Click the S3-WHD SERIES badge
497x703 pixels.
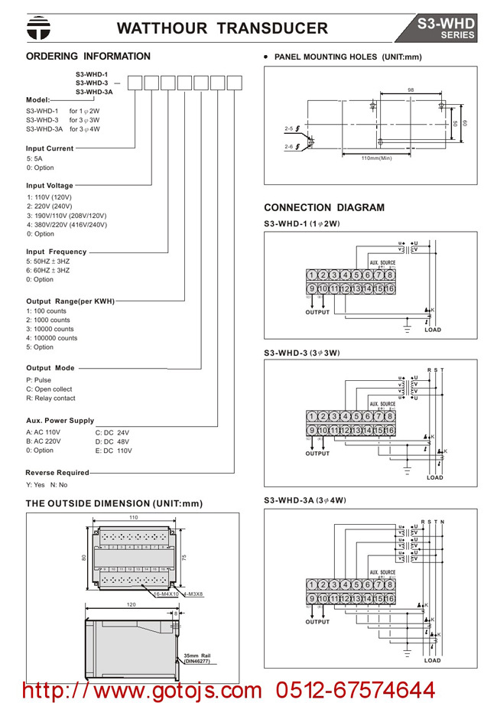pos(445,28)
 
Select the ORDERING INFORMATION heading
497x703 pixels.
pos(88,57)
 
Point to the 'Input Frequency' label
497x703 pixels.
pos(57,252)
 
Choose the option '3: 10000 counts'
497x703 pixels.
pos(51,329)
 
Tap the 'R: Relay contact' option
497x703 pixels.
pos(50,398)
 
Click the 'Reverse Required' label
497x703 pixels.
pos(57,473)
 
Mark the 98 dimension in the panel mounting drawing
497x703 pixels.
pos(411,90)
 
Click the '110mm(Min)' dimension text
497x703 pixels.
pos(376,158)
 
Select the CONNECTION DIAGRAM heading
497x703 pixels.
pos(324,207)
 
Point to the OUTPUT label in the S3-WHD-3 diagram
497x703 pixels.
pos(317,454)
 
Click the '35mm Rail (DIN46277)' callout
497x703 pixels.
pos(197,658)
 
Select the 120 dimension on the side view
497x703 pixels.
pos(132,604)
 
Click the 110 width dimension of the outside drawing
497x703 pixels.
pos(133,518)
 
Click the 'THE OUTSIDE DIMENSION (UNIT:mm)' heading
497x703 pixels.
pos(115,503)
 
